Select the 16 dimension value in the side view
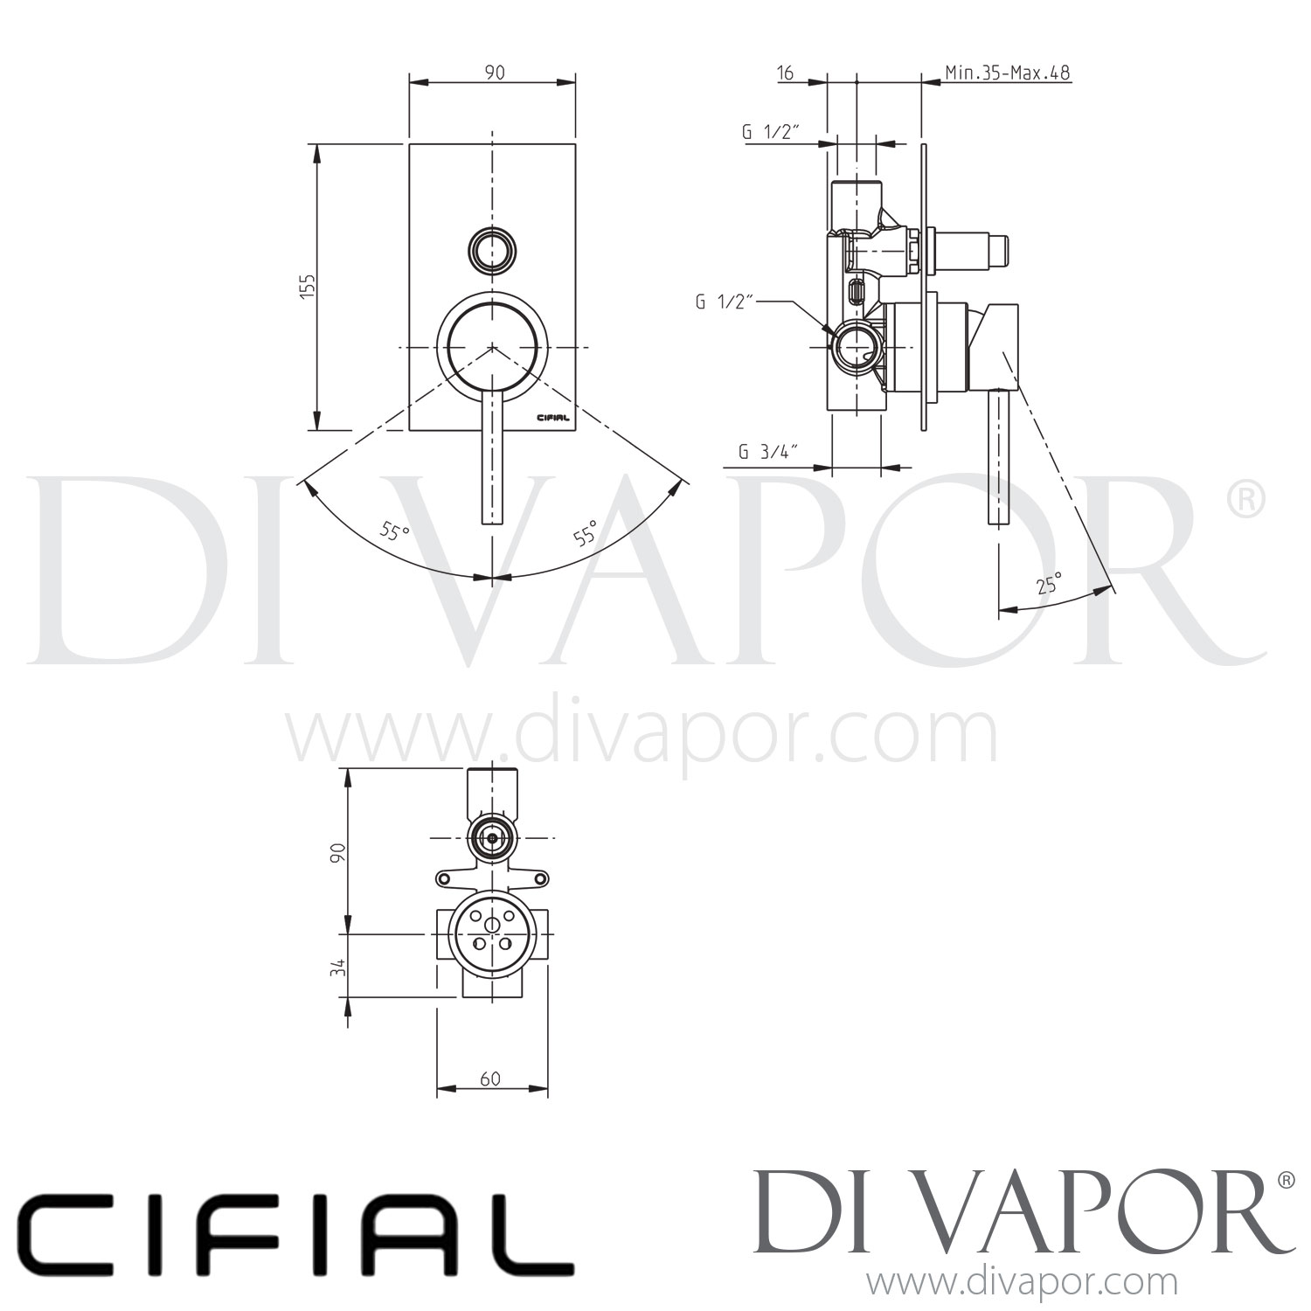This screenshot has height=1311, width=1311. (785, 73)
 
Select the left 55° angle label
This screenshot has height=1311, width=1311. (395, 531)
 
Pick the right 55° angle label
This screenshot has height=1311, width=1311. (586, 532)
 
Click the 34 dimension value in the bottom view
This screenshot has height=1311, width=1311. (340, 966)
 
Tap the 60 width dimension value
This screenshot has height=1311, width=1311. (490, 1079)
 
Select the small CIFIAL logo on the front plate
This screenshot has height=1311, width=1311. (551, 418)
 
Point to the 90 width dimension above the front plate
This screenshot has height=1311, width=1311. (494, 73)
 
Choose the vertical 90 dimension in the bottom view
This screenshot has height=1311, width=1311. (340, 852)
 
